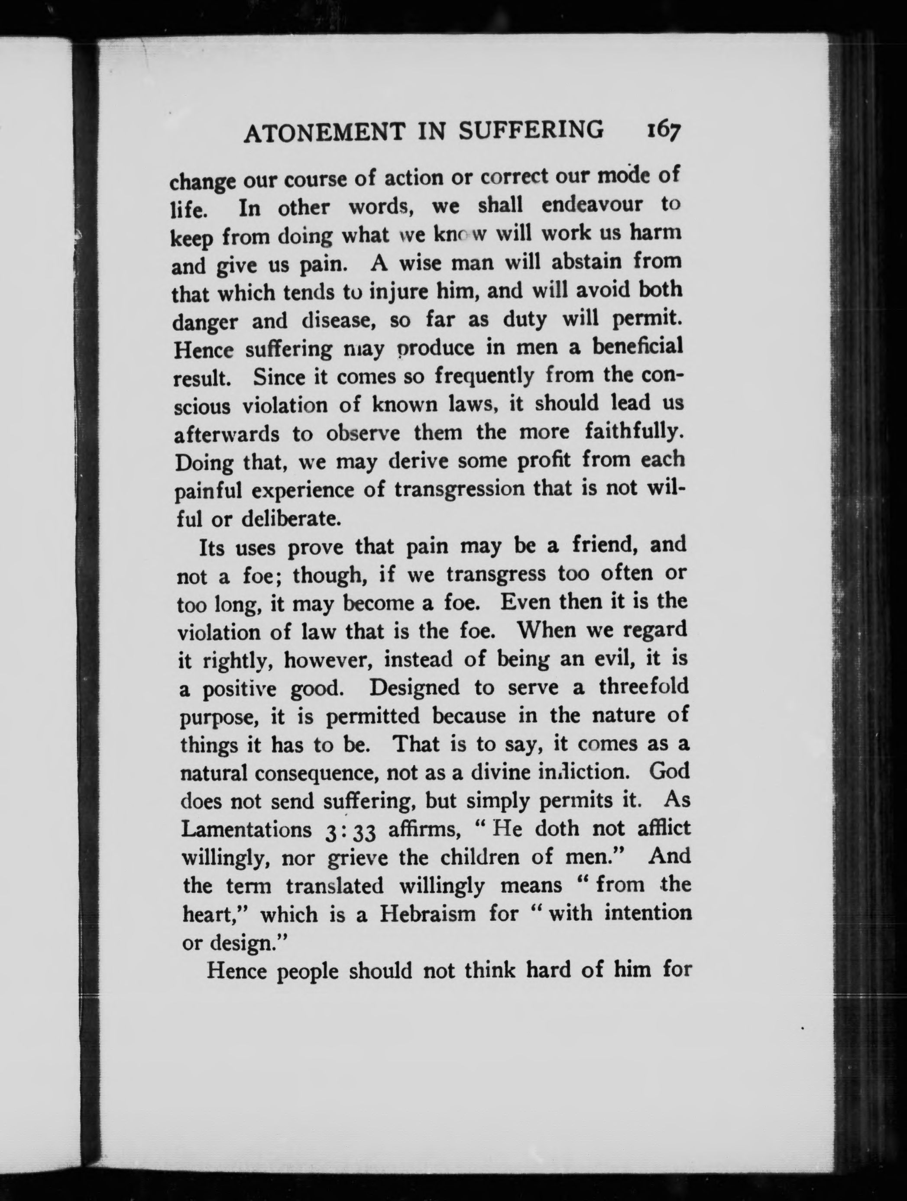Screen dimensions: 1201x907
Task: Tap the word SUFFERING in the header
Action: point(531,131)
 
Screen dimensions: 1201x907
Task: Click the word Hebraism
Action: point(428,914)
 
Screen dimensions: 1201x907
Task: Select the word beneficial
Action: point(637,346)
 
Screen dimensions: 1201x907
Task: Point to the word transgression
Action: point(460,489)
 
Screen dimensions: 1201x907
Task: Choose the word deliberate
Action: point(291,519)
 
